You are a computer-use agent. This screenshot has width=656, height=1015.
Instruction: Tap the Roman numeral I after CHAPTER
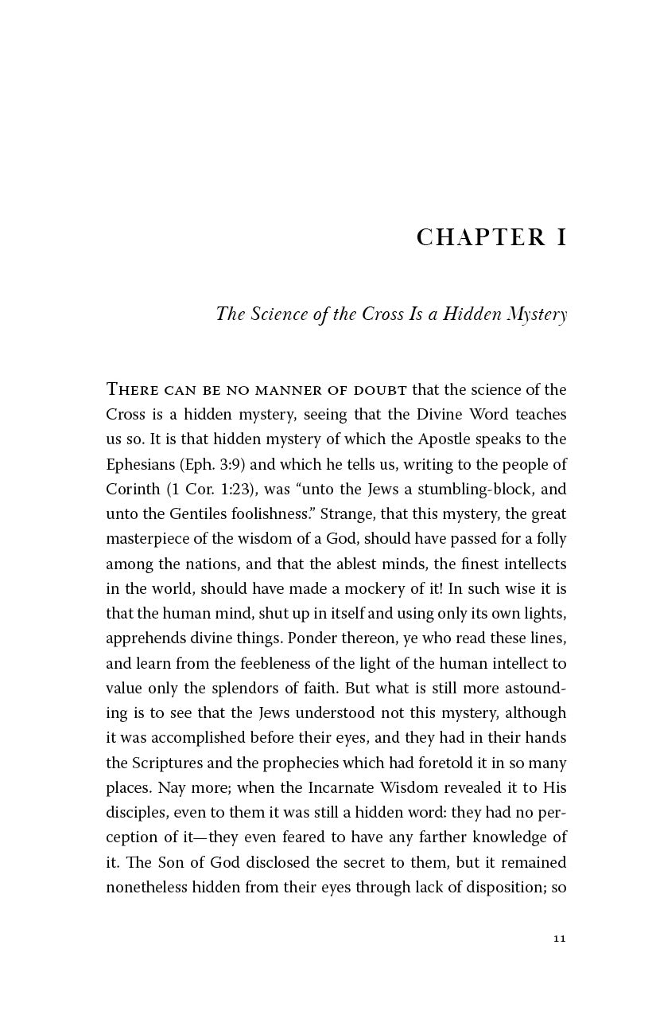(561, 237)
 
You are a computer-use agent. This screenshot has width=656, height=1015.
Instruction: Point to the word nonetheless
(146, 887)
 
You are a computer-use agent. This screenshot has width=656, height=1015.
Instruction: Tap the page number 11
(559, 939)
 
